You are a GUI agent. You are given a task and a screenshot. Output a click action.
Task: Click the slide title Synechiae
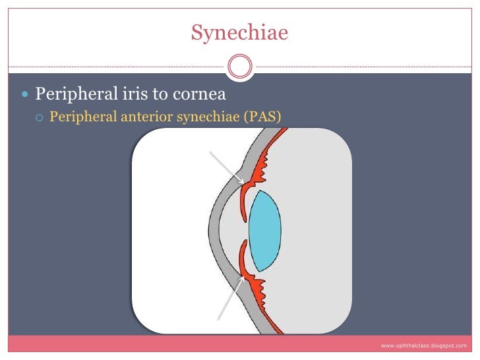click(x=239, y=32)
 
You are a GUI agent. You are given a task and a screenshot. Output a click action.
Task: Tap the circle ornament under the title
click(x=239, y=67)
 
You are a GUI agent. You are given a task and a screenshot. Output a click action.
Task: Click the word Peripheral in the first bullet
click(x=69, y=93)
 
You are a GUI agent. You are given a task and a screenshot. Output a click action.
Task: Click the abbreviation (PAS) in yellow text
click(x=262, y=117)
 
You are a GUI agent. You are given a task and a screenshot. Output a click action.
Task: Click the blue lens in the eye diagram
click(x=265, y=231)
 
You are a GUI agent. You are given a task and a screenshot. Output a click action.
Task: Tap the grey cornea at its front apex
click(x=212, y=231)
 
